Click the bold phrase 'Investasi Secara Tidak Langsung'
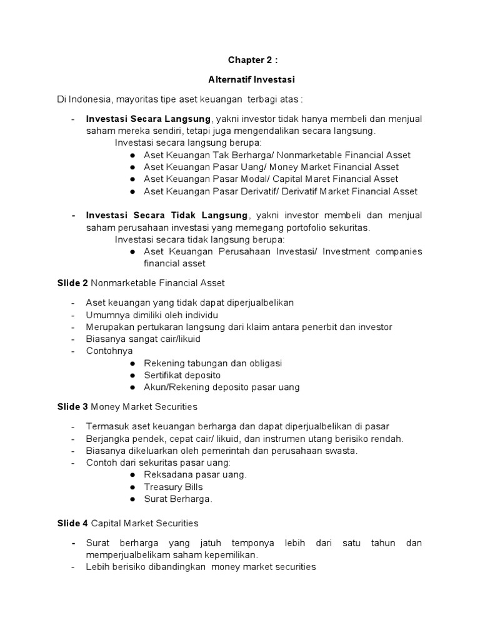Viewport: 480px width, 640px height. point(167,216)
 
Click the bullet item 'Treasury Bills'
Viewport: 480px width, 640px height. point(173,487)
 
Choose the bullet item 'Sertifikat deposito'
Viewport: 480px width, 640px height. point(182,375)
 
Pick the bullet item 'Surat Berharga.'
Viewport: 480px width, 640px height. point(178,499)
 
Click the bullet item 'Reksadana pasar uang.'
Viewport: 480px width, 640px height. point(195,474)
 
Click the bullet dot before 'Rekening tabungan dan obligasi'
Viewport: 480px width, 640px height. point(132,363)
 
